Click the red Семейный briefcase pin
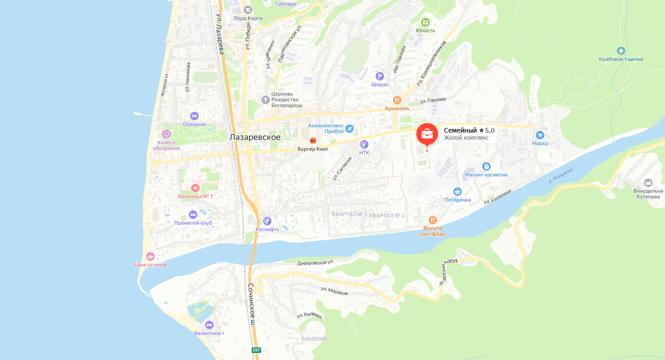427,134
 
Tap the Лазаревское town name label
255,137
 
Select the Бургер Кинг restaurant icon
313,140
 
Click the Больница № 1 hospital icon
195,187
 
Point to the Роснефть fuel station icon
267,221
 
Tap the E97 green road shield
256,350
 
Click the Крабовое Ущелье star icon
621,51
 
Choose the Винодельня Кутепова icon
648,182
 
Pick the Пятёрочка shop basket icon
457,191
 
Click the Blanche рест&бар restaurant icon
433,220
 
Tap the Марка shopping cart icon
540,135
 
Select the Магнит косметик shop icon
486,166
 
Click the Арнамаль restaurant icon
397,100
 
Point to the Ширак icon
380,76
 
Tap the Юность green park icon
426,22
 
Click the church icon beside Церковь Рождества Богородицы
266,99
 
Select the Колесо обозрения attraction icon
166,135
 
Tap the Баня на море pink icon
150,256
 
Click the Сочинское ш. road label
252,305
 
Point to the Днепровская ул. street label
315,263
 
